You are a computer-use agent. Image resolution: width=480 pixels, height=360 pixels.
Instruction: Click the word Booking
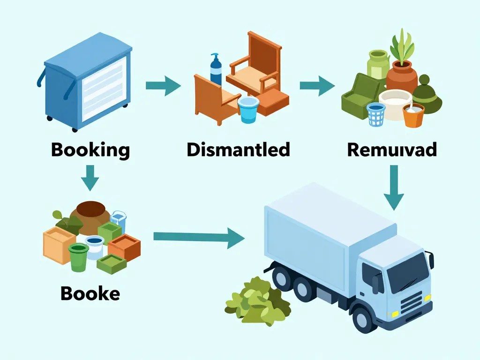pos(90,150)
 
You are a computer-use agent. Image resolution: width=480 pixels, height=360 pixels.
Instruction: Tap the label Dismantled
pos(238,150)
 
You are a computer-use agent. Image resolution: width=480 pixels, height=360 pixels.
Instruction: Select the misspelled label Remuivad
pos(392,150)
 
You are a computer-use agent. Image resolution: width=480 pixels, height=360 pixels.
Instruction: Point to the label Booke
pos(90,293)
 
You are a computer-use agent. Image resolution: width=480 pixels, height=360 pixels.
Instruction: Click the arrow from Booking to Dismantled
pos(163,86)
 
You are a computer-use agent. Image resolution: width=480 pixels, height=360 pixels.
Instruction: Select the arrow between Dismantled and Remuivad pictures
pos(317,86)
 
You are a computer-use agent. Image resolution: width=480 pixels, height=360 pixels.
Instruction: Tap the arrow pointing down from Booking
pos(90,177)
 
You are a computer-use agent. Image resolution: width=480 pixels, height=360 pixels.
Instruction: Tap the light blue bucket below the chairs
pos(248,110)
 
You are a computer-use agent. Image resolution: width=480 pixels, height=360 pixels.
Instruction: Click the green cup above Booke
pos(78,257)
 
